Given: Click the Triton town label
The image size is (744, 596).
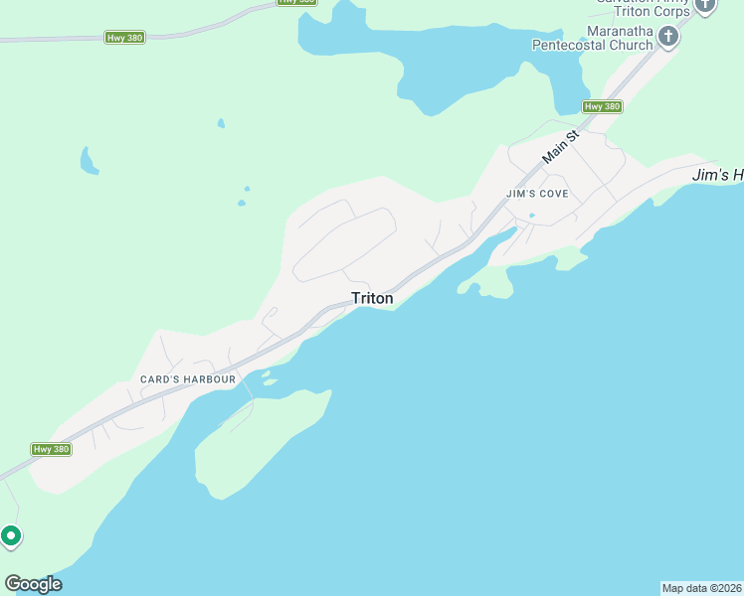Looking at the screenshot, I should [x=372, y=298].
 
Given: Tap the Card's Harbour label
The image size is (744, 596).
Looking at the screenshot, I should [x=188, y=379].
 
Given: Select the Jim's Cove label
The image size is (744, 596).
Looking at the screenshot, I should [x=537, y=194].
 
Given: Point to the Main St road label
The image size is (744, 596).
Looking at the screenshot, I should [x=560, y=147].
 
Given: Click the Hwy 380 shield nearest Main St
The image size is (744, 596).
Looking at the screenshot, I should [x=603, y=106].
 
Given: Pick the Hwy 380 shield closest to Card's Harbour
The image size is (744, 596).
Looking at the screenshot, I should [x=52, y=449].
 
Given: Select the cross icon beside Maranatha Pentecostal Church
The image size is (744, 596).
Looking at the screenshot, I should [x=668, y=38].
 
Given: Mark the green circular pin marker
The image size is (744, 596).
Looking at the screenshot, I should [x=11, y=536].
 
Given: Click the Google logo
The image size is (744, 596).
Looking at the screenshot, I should [x=33, y=584].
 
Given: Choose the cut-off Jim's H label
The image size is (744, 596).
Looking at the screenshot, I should [x=717, y=175].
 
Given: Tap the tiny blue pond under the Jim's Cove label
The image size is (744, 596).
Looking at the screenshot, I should [x=532, y=215].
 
